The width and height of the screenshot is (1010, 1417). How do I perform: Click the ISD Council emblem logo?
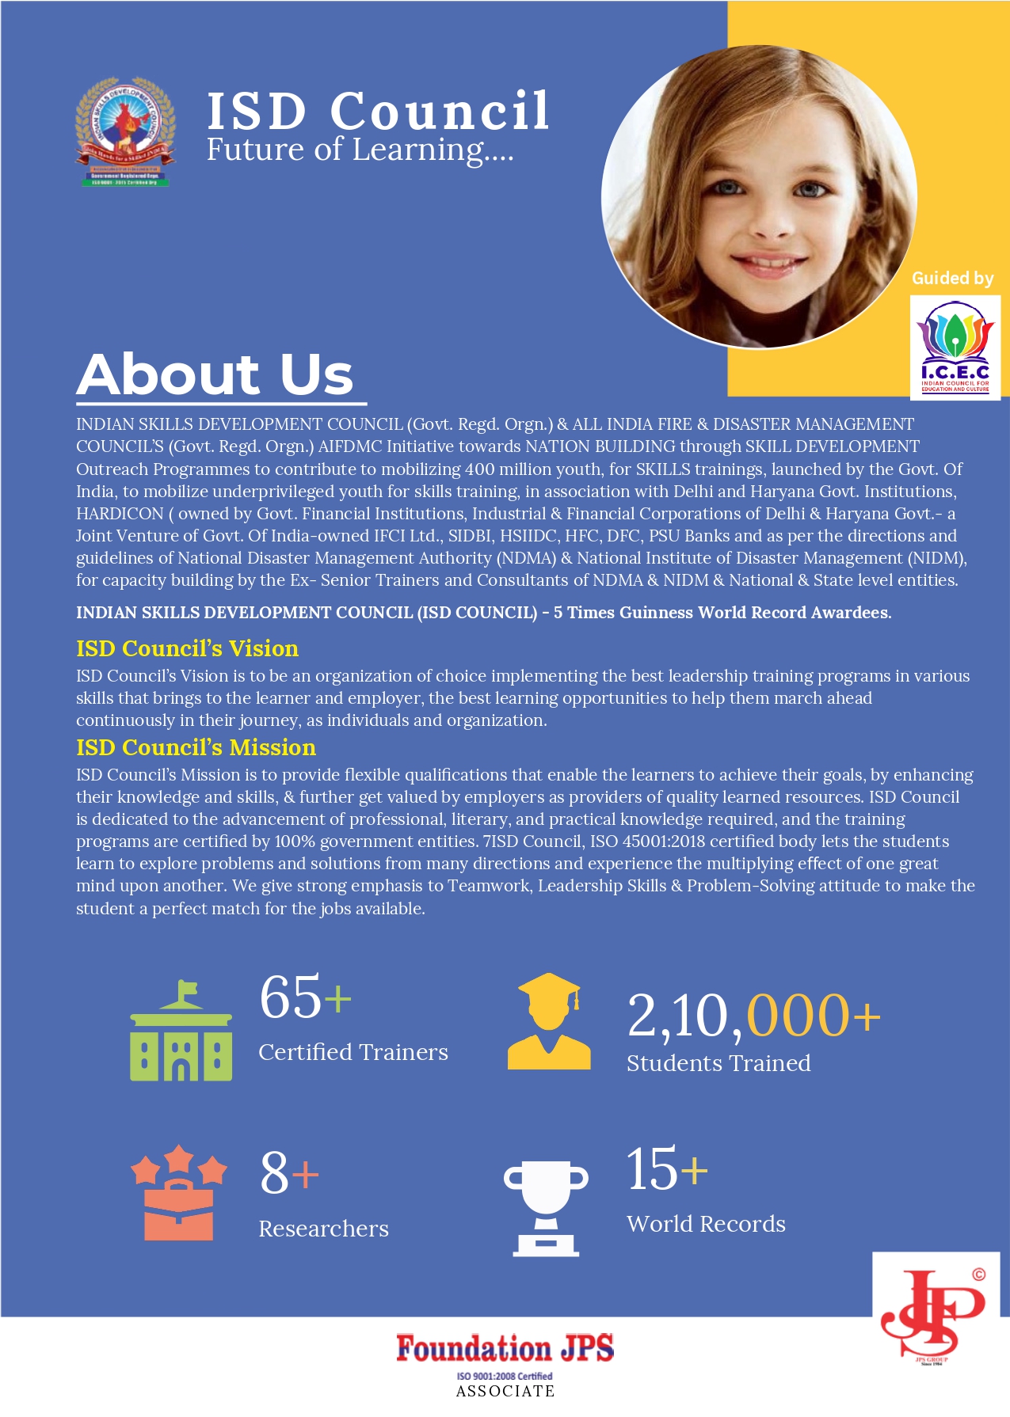coord(125,131)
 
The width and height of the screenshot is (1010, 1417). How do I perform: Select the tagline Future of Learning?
coord(360,150)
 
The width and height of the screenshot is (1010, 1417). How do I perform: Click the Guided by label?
coord(952,279)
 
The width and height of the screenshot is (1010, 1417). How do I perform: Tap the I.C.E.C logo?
coord(955,348)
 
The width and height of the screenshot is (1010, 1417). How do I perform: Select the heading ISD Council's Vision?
coord(187,648)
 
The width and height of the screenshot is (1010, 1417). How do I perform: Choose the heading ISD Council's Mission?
coord(196,747)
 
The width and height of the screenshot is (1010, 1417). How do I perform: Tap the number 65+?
coord(305,997)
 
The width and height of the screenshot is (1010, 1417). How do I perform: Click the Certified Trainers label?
coord(353,1052)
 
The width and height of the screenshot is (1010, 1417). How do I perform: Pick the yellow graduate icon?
coord(549,1022)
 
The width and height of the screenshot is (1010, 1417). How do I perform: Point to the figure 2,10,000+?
coord(753,1016)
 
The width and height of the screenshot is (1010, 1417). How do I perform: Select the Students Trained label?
coord(718,1063)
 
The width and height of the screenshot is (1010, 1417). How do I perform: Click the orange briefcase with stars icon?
coord(179,1193)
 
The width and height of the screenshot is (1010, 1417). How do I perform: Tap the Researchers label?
coord(323,1229)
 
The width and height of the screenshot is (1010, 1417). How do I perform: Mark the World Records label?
coord(706,1224)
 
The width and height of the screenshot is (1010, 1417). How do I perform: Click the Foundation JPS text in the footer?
coord(505,1348)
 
